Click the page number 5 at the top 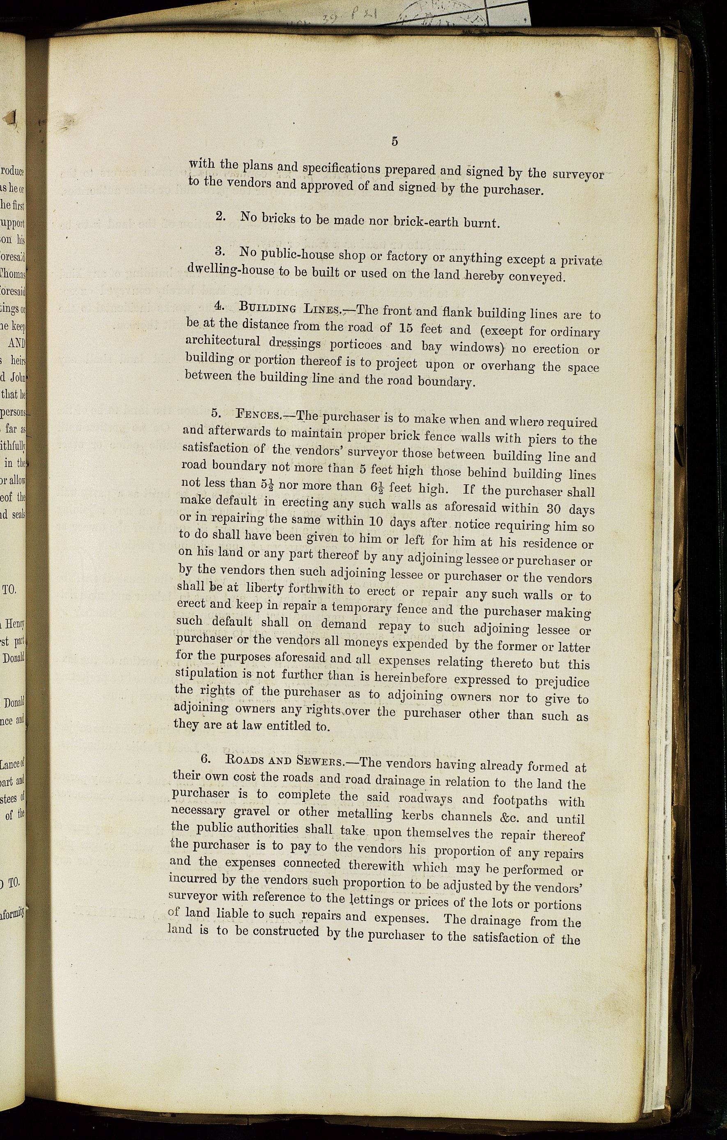tap(394, 141)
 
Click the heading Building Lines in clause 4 tap(290, 308)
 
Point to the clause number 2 tap(220, 216)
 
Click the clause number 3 tap(219, 250)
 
